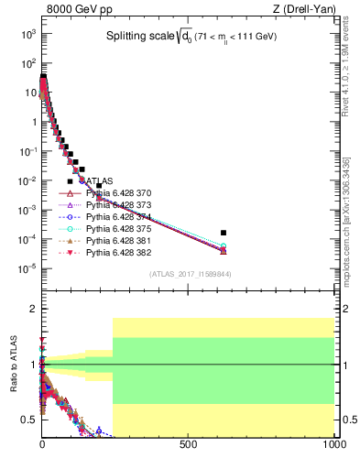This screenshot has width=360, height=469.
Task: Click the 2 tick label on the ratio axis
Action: [x=31, y=309]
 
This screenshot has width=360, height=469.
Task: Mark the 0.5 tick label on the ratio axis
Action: [x=27, y=420]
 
